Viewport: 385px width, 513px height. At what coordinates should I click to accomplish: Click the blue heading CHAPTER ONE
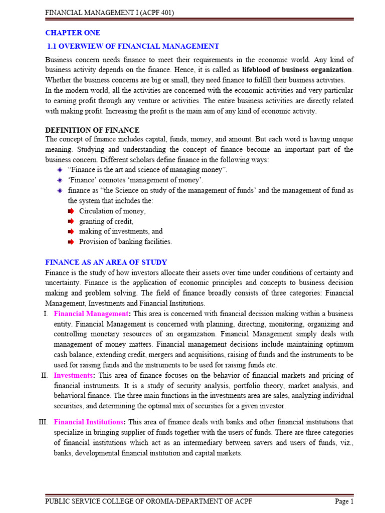coord(73,33)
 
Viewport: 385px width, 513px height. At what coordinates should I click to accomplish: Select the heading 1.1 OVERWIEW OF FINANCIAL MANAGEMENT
coord(133,47)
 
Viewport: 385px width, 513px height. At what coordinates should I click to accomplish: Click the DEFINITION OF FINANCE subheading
coord(92,130)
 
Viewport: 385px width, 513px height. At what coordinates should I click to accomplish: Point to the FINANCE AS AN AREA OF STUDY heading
coord(106,263)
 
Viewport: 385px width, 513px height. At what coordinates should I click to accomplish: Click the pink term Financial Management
coord(91,314)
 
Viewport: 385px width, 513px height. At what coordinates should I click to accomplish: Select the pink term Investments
coord(73,375)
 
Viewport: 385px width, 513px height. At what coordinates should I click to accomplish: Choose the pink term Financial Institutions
coord(88,422)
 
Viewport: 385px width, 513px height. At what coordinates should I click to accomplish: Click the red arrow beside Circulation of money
coord(70,211)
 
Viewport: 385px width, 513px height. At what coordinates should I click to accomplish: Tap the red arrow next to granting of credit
coord(70,221)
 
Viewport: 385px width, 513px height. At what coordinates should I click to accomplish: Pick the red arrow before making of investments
coord(70,231)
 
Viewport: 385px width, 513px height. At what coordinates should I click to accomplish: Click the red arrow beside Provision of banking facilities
coord(70,241)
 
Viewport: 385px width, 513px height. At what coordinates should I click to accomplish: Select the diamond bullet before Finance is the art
coord(59,170)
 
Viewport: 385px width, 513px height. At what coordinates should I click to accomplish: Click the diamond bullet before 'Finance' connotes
coord(59,180)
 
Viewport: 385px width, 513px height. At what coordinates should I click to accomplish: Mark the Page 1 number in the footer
coord(344,501)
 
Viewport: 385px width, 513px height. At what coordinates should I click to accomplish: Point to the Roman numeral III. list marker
coord(43,422)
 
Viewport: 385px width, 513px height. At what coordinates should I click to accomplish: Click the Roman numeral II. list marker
coord(44,375)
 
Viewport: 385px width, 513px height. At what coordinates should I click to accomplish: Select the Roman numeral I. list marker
coord(45,314)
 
